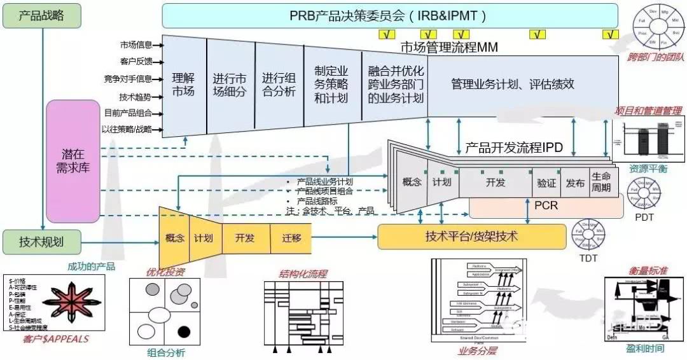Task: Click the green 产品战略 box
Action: click(x=41, y=16)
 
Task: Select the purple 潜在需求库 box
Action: click(x=73, y=161)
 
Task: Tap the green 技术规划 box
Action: click(x=41, y=242)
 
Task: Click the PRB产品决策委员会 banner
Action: click(x=390, y=15)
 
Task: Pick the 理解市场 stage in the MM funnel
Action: click(x=183, y=85)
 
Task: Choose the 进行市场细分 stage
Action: click(x=230, y=85)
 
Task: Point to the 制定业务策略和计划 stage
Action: click(x=331, y=85)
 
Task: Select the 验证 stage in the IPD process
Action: click(x=546, y=183)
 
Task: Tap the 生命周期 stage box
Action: click(x=601, y=182)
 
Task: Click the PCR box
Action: click(x=546, y=206)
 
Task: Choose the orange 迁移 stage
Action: click(x=291, y=238)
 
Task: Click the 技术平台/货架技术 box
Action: click(x=471, y=237)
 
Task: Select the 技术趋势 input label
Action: click(x=135, y=97)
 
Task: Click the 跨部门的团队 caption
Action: click(x=655, y=57)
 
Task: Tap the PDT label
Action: click(x=644, y=217)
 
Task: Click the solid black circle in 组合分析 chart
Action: click(x=184, y=331)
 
